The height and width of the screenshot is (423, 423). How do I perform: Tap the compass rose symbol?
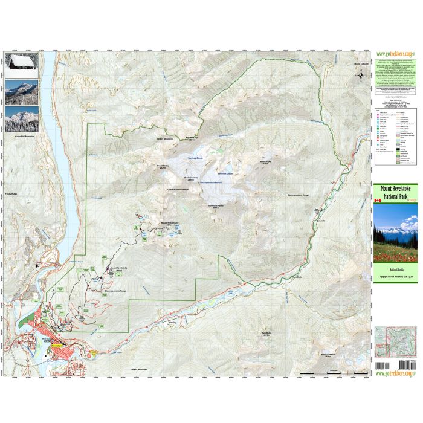coord(361,76)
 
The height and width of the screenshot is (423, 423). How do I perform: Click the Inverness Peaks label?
coord(216,205)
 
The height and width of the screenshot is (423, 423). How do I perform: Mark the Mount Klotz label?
coord(265,162)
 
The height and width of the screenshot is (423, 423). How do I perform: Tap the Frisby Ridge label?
coord(13,194)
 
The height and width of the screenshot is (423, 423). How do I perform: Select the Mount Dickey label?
coord(161,167)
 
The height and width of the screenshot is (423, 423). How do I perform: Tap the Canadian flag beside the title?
coord(378,200)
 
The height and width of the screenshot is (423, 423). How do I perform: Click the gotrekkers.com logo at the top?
coord(395,53)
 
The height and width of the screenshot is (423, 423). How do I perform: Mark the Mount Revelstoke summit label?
coord(117,267)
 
